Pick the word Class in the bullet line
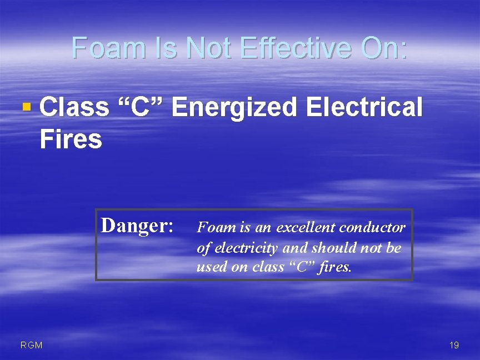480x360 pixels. click(x=74, y=107)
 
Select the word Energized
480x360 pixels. click(x=233, y=107)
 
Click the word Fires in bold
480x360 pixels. click(x=71, y=139)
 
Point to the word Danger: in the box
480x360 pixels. click(x=137, y=226)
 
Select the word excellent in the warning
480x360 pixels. click(x=306, y=228)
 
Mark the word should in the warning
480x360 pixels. click(x=330, y=248)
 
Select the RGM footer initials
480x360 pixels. click(x=31, y=346)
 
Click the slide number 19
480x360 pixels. click(x=454, y=346)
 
